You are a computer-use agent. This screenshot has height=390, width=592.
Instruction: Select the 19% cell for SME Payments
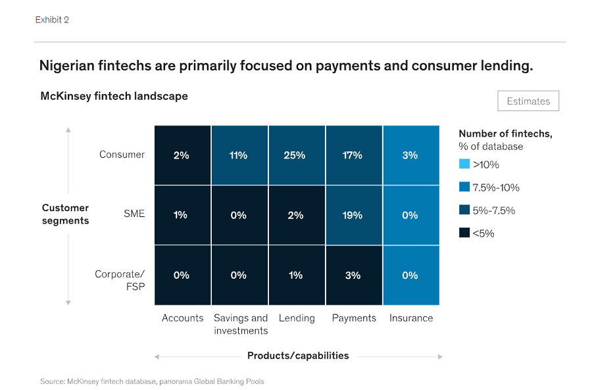click(x=353, y=215)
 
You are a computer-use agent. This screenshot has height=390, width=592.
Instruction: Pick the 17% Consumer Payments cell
click(x=353, y=155)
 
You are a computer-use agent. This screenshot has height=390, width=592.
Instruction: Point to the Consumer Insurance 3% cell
click(x=410, y=155)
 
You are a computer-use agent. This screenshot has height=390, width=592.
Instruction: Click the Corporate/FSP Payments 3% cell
click(x=353, y=275)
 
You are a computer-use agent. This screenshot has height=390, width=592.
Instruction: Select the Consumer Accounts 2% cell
click(x=182, y=155)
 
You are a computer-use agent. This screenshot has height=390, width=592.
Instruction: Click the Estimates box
click(x=528, y=101)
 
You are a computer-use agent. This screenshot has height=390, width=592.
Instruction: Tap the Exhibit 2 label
click(x=52, y=20)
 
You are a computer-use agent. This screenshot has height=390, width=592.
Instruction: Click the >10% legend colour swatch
click(x=464, y=164)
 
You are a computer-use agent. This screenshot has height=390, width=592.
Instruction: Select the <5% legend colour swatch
click(x=464, y=233)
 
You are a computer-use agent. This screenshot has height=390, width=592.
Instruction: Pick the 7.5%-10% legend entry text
click(x=496, y=187)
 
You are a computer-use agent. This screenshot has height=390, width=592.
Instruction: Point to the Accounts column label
click(x=182, y=318)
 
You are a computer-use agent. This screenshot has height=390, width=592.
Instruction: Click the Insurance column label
click(x=410, y=318)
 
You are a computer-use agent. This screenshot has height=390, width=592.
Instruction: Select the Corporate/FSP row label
click(x=120, y=280)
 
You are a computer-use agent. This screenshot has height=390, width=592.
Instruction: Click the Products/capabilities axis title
click(x=298, y=356)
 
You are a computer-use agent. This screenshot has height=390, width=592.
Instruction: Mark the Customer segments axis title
click(x=65, y=214)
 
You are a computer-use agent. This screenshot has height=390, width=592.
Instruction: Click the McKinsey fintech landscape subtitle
click(x=114, y=96)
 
